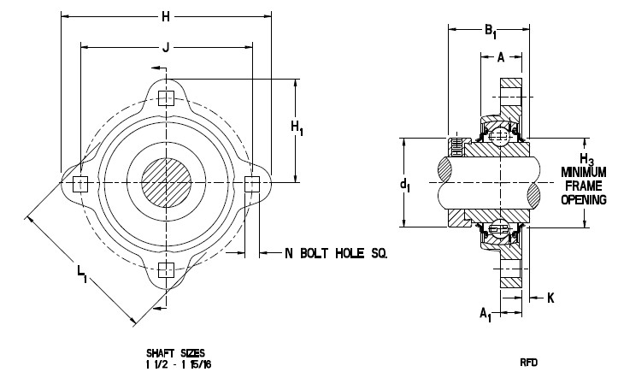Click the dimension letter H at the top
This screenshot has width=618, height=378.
tap(165, 15)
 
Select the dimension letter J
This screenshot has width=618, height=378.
tap(165, 50)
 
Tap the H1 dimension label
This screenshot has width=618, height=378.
tap(297, 128)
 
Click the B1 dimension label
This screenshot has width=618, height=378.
tap(491, 32)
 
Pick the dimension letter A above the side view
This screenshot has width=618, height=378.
tap(500, 59)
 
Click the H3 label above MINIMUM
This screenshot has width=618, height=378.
tap(586, 160)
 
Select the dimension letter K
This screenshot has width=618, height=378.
tap(550, 298)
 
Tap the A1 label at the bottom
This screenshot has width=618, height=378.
tap(486, 314)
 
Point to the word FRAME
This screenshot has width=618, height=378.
tap(582, 186)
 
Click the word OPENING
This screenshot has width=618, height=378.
tap(582, 199)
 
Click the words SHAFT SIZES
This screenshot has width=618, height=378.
tap(175, 352)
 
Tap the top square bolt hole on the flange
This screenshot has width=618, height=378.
tap(167, 96)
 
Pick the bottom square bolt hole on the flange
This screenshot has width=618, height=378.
tap(167, 270)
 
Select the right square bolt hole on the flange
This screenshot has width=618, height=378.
tap(253, 183)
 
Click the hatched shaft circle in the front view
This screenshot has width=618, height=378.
tap(167, 183)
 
